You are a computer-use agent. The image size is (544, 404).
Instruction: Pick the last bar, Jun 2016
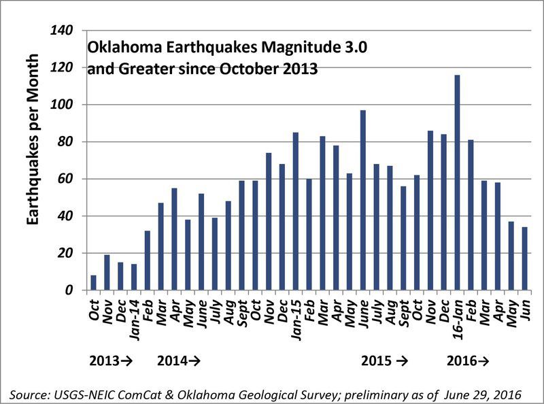[x=524, y=258]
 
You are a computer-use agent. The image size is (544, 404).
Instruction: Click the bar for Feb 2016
[x=470, y=215]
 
